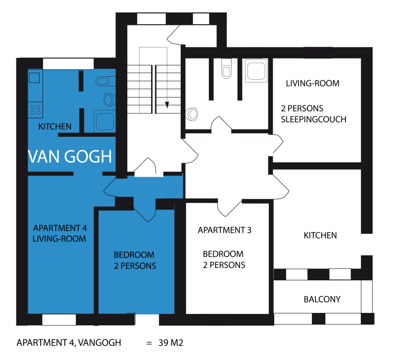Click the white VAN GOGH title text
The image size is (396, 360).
[70, 156]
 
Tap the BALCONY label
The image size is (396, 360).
[322, 300]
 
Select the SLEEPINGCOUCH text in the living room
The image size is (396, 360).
[313, 119]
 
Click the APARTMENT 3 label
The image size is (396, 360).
[225, 230]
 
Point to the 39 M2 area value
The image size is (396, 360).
[171, 343]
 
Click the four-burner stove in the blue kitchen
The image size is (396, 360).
[35, 110]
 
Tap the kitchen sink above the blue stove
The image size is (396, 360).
[34, 78]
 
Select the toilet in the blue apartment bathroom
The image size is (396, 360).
[105, 81]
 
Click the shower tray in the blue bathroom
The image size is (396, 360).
[105, 121]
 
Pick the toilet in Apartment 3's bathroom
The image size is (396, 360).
[226, 68]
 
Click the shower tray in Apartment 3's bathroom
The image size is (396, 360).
[256, 71]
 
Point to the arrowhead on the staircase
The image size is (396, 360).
[167, 105]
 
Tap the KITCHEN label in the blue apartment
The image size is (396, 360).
[55, 127]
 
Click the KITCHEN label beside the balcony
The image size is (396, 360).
[320, 235]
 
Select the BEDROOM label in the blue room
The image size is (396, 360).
[134, 255]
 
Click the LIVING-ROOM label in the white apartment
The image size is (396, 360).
[313, 83]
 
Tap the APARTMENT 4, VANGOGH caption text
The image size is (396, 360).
[69, 343]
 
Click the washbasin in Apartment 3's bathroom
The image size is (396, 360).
[192, 114]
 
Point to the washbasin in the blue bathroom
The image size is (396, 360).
[110, 100]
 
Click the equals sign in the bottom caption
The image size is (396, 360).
[149, 343]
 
